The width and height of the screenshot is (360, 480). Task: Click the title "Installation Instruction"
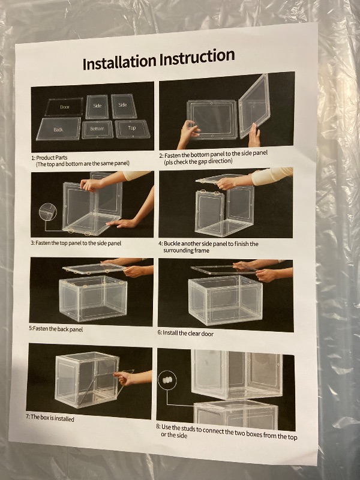click(158, 59)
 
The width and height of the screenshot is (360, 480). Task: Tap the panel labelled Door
click(64, 107)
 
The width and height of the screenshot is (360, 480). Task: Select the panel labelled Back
click(58, 129)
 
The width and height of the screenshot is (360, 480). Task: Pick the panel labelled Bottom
click(97, 129)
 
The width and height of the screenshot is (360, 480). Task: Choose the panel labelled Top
click(132, 128)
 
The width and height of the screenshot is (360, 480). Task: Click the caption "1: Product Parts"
click(49, 158)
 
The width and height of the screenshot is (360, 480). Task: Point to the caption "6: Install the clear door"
click(185, 333)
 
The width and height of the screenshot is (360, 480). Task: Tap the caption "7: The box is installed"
click(50, 418)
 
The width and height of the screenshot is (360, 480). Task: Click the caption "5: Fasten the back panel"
click(56, 329)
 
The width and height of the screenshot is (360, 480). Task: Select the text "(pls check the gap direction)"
click(198, 161)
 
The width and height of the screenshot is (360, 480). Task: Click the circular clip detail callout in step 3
click(48, 212)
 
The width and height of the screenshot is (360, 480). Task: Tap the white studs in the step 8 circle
click(167, 380)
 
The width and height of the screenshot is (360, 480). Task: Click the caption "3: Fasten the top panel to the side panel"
click(76, 243)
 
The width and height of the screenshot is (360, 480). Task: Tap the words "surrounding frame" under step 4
click(186, 251)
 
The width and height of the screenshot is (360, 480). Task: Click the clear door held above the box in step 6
click(224, 269)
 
